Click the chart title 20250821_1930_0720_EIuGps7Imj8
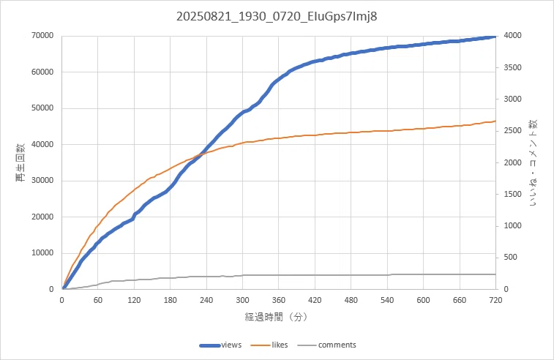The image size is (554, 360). click(x=277, y=16)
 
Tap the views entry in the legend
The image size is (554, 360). click(x=220, y=345)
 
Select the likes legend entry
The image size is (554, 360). click(x=269, y=345)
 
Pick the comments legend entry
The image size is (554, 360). click(x=327, y=345)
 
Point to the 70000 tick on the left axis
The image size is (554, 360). click(x=42, y=36)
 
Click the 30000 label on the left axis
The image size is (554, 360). click(x=42, y=181)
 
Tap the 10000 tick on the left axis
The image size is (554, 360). click(x=42, y=253)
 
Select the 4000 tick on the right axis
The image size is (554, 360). click(x=513, y=36)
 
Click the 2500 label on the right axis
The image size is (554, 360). click(x=513, y=131)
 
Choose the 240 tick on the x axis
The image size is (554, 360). click(x=206, y=300)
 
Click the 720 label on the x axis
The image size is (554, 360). click(x=495, y=300)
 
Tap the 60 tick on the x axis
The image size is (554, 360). click(x=98, y=300)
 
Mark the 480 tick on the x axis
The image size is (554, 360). click(x=351, y=300)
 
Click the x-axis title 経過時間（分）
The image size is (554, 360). click(x=277, y=317)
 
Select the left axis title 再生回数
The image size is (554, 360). click(x=20, y=162)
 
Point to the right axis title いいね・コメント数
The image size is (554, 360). click(x=533, y=162)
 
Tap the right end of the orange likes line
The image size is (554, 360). click(x=495, y=121)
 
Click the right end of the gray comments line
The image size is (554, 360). click(x=495, y=274)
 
